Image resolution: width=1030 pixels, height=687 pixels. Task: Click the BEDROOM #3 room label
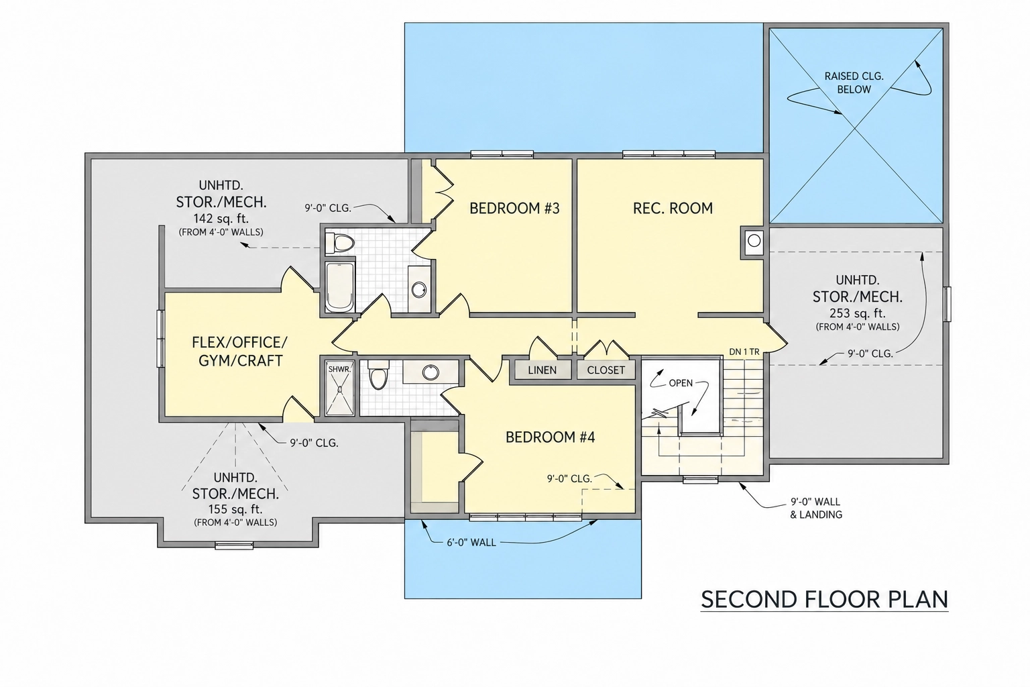(514, 209)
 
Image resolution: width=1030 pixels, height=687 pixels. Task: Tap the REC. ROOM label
(673, 209)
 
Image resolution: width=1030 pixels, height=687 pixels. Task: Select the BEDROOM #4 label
(551, 437)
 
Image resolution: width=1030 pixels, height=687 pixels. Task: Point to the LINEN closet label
(542, 370)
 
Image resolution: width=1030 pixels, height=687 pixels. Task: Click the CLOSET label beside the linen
(606, 370)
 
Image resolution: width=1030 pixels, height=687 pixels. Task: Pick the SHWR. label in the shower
(340, 369)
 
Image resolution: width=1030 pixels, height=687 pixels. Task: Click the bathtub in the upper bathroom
(340, 287)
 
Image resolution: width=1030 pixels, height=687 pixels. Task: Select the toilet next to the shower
(378, 375)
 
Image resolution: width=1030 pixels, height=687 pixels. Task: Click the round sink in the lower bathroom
(431, 372)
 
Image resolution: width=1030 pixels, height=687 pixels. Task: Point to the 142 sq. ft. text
(221, 218)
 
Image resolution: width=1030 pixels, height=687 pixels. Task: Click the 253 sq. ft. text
(858, 313)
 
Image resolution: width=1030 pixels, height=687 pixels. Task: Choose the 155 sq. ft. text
(235, 509)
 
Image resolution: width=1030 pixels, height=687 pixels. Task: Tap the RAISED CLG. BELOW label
(854, 83)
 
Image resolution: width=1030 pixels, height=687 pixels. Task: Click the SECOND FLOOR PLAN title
(824, 600)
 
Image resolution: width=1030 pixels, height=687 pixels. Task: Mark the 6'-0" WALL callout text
(471, 543)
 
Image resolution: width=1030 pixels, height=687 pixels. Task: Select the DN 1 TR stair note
(744, 352)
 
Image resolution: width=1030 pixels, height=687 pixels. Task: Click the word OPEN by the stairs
(681, 383)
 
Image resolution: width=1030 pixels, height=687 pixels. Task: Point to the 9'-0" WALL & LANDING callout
(815, 509)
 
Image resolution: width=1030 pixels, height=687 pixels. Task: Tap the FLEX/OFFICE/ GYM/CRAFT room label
(239, 352)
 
